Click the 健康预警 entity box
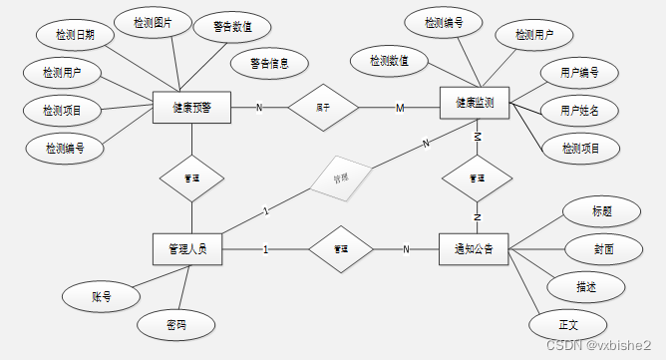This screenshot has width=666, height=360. pos(191,108)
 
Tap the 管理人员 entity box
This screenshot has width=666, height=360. pos(187,248)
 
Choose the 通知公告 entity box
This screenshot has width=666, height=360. pos(474,248)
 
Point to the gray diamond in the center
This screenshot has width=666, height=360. pos(341,176)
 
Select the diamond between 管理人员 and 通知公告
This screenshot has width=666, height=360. pos(341,248)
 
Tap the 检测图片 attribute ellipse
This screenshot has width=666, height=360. pos(153,22)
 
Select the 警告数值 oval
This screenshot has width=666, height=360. pos(232,27)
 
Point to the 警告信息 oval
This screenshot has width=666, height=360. pos(269,64)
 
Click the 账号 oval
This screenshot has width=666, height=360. pos(101,295)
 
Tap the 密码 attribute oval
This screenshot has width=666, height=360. pos(175,324)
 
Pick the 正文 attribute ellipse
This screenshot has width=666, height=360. pos(567,324)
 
